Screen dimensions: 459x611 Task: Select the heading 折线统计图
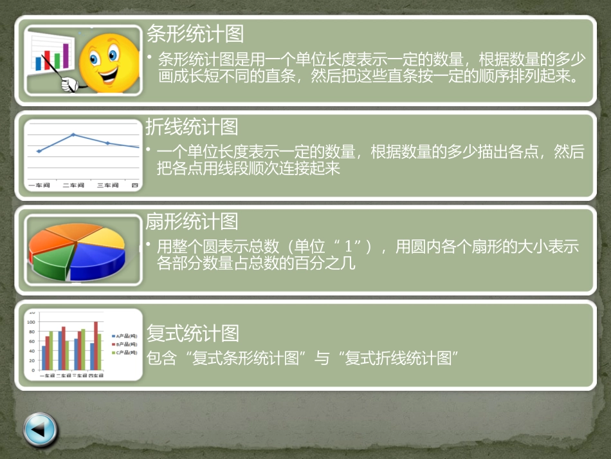coord(192,127)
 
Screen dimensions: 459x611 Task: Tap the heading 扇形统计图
coord(192,221)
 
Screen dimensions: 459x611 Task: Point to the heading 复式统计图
coord(193,333)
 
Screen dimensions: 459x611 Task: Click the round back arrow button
coord(40,430)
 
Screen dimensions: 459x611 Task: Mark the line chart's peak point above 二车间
coord(73,135)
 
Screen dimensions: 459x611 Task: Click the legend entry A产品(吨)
coord(125,336)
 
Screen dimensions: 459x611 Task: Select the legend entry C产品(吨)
coord(125,353)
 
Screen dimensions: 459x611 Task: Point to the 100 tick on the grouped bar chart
coord(30,321)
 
